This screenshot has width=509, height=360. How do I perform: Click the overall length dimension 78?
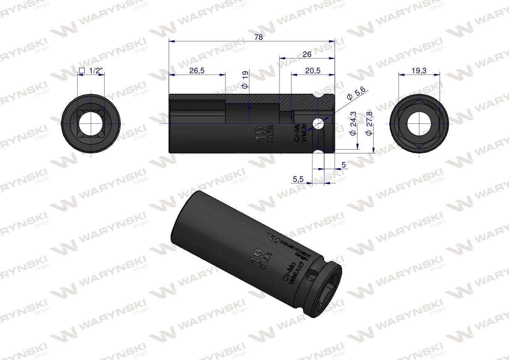click(x=258, y=37)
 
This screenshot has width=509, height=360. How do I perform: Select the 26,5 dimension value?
click(x=197, y=71)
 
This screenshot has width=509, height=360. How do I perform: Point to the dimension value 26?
click(x=307, y=54)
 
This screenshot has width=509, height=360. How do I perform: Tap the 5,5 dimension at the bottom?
click(x=298, y=180)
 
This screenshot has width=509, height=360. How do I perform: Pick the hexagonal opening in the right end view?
click(x=419, y=123)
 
